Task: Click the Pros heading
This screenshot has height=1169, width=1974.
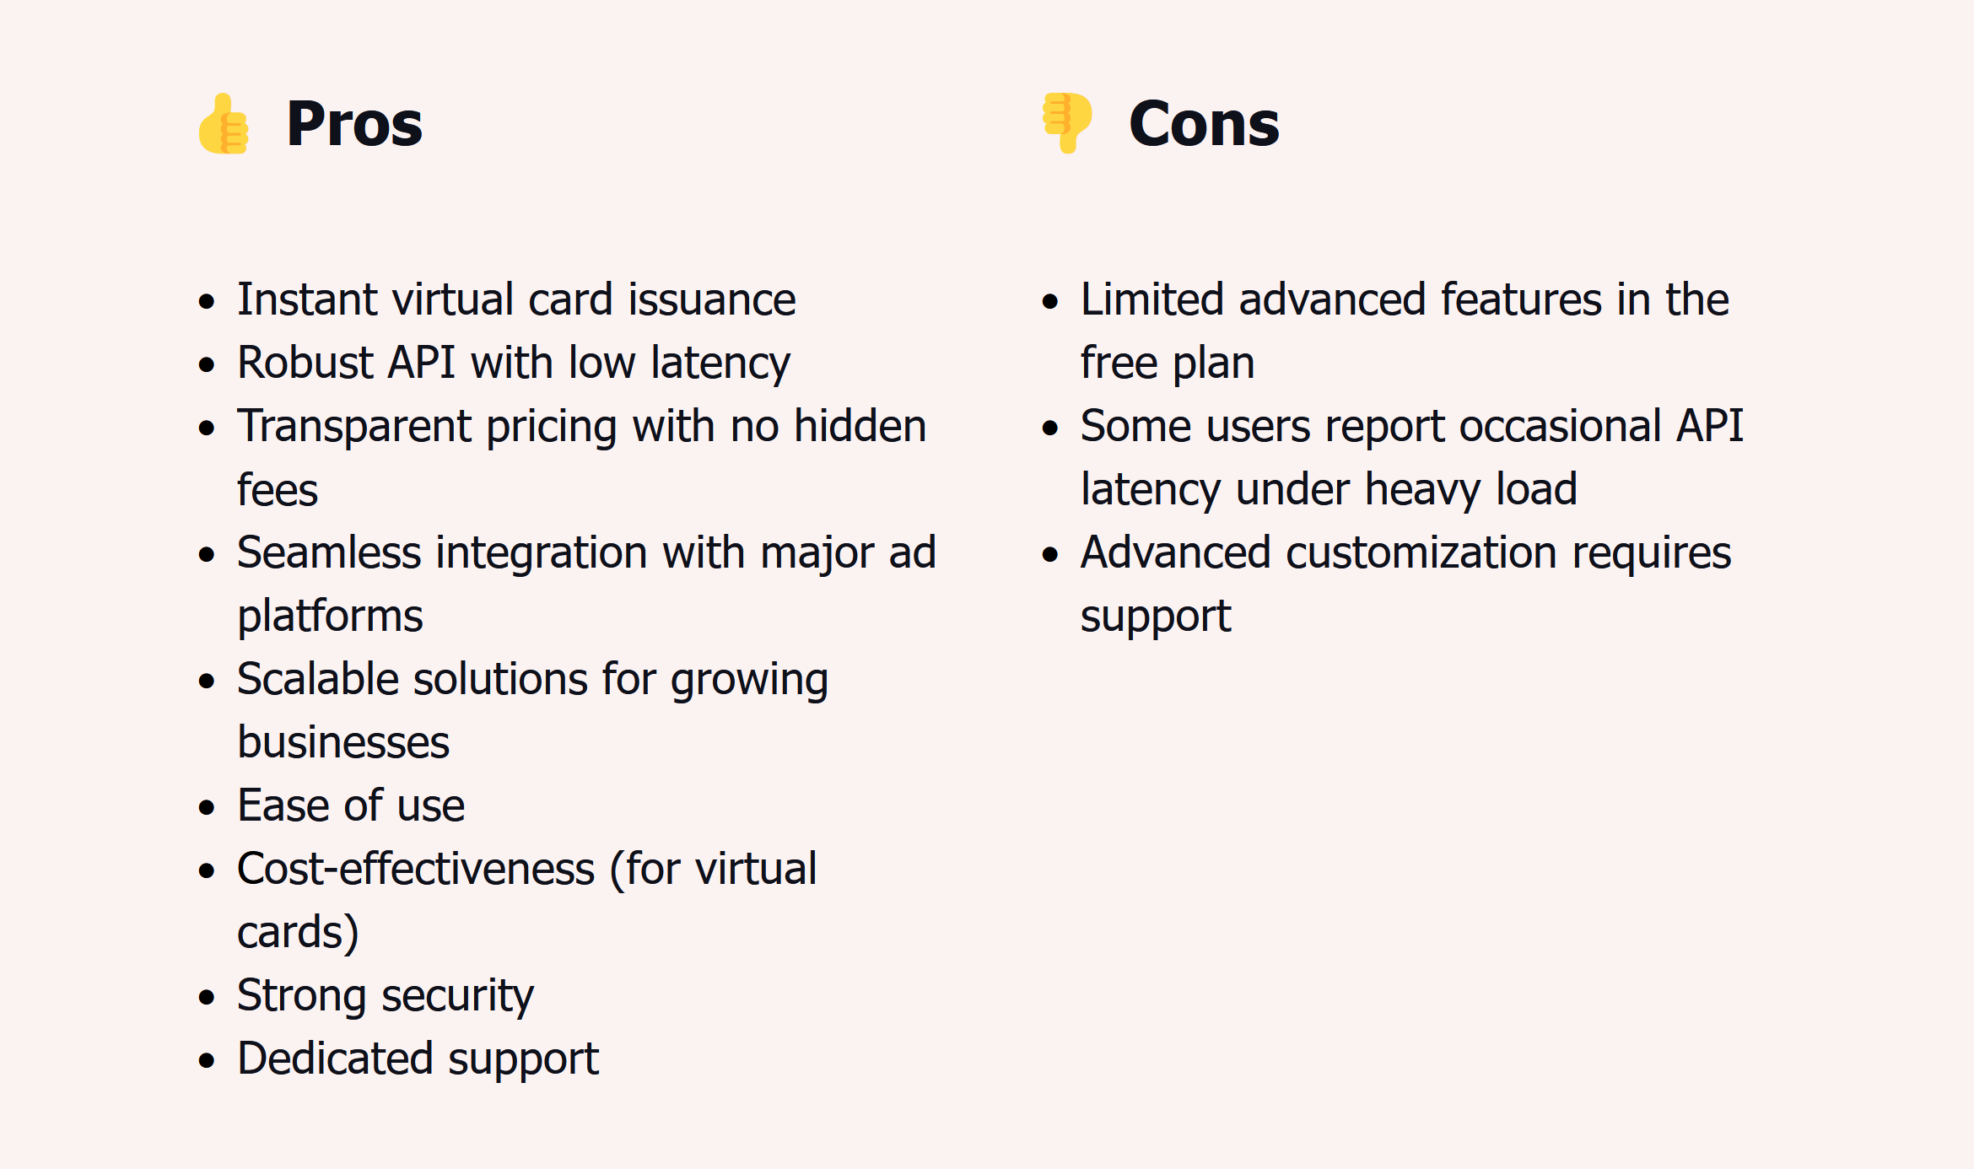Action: click(x=354, y=124)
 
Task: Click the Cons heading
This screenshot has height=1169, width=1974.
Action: click(x=1204, y=124)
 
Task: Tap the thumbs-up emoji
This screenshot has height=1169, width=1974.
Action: click(x=224, y=123)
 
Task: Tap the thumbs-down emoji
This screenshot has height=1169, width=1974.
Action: click(x=1067, y=123)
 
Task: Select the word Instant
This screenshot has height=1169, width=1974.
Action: click(x=306, y=299)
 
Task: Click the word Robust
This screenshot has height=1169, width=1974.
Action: click(x=305, y=363)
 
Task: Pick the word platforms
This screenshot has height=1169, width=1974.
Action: click(x=330, y=617)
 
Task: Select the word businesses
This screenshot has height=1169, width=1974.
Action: click(x=343, y=742)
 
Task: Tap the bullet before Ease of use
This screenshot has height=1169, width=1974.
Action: click(x=207, y=807)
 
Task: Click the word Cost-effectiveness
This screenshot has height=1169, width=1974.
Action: click(x=416, y=869)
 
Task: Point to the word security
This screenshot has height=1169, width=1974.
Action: click(x=457, y=997)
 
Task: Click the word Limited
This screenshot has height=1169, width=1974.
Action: click(x=1152, y=299)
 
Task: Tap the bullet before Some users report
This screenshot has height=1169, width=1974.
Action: click(x=1050, y=428)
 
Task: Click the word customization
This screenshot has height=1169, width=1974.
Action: click(x=1421, y=552)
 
